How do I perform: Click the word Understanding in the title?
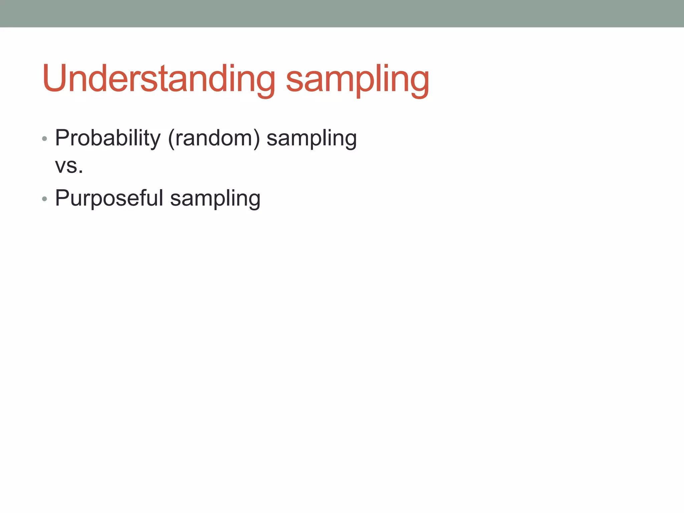click(x=159, y=78)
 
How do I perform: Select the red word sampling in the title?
click(x=357, y=80)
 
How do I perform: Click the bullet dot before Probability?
click(x=45, y=139)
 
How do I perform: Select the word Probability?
click(x=108, y=138)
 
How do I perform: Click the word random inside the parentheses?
click(x=214, y=138)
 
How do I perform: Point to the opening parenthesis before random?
click(x=171, y=138)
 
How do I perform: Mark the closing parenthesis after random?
click(x=256, y=138)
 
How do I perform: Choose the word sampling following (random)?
click(x=311, y=139)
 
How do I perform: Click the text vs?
click(x=68, y=166)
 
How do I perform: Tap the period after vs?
click(x=80, y=172)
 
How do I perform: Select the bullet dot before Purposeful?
click(x=45, y=199)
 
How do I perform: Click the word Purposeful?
click(x=109, y=198)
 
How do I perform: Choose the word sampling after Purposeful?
click(x=215, y=199)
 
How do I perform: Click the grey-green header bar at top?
click(x=342, y=13)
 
